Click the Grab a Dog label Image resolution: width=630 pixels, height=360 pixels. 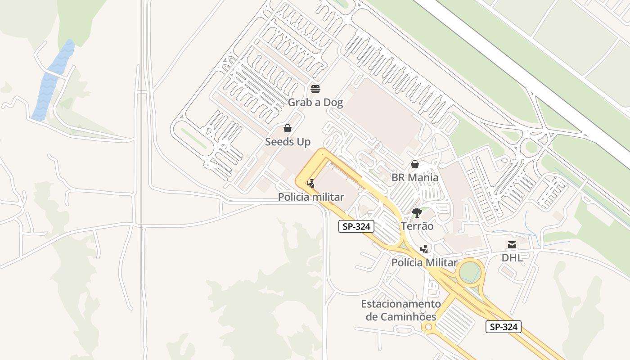[x=315, y=103]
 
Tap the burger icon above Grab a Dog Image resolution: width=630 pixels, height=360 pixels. [x=315, y=88]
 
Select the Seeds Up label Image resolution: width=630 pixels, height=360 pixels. [x=288, y=142]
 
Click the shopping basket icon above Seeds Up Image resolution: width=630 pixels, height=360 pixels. [x=288, y=129]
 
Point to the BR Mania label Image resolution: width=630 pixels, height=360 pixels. [x=414, y=177]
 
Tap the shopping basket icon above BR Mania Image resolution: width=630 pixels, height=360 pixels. [x=414, y=164]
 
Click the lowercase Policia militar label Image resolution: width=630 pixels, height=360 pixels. [x=310, y=197]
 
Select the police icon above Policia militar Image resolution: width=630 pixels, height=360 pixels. [x=310, y=183]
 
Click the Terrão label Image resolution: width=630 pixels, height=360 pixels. [x=417, y=226]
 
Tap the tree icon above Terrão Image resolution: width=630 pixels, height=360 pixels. [x=417, y=212]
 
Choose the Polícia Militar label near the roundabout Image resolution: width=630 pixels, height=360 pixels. [x=424, y=262]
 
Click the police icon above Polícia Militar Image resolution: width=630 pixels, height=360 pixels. [x=423, y=249]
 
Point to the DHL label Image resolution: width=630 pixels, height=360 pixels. [x=512, y=258]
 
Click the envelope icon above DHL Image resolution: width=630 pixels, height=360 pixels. [x=512, y=245]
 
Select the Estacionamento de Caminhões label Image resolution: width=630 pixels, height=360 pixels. [x=400, y=310]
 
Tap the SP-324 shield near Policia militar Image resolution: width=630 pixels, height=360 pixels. [x=356, y=227]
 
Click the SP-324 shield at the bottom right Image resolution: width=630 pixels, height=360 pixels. [x=503, y=327]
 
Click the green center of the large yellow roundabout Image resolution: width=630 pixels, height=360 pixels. [x=471, y=272]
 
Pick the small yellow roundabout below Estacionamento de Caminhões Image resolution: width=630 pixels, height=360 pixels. [x=428, y=327]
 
